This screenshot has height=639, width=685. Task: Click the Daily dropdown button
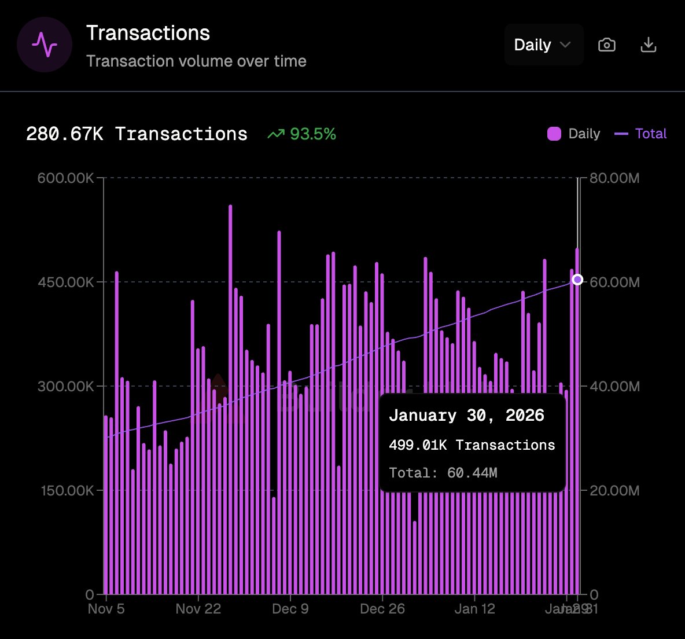coord(543,45)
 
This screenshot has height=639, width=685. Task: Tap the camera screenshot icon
coord(606,45)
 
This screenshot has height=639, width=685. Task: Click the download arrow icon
coord(649,45)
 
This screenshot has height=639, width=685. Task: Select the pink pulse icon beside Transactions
coord(45,45)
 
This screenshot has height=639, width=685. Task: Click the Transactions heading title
coord(148,33)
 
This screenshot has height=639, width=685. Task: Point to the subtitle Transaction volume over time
coord(196,61)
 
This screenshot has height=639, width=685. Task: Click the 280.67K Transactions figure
coord(137,134)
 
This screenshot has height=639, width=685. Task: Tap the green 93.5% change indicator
coord(302,134)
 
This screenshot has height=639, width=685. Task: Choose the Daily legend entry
coord(574,134)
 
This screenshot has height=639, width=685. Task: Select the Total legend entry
coord(641,134)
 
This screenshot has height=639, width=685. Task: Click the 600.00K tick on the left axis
coord(65,178)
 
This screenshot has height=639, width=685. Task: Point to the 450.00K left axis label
coord(65,282)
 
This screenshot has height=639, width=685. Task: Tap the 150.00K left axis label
coord(65,491)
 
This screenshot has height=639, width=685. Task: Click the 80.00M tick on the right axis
coord(614,178)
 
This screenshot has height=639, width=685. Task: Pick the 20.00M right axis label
coord(614,491)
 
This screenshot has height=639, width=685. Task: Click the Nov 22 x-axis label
coord(198,609)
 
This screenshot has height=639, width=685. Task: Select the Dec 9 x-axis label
coord(290,609)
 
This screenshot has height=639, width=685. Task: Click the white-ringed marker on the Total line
coord(577,280)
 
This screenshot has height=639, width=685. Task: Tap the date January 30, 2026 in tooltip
coord(466,416)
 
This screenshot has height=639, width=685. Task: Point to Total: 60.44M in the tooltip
coord(443,473)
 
